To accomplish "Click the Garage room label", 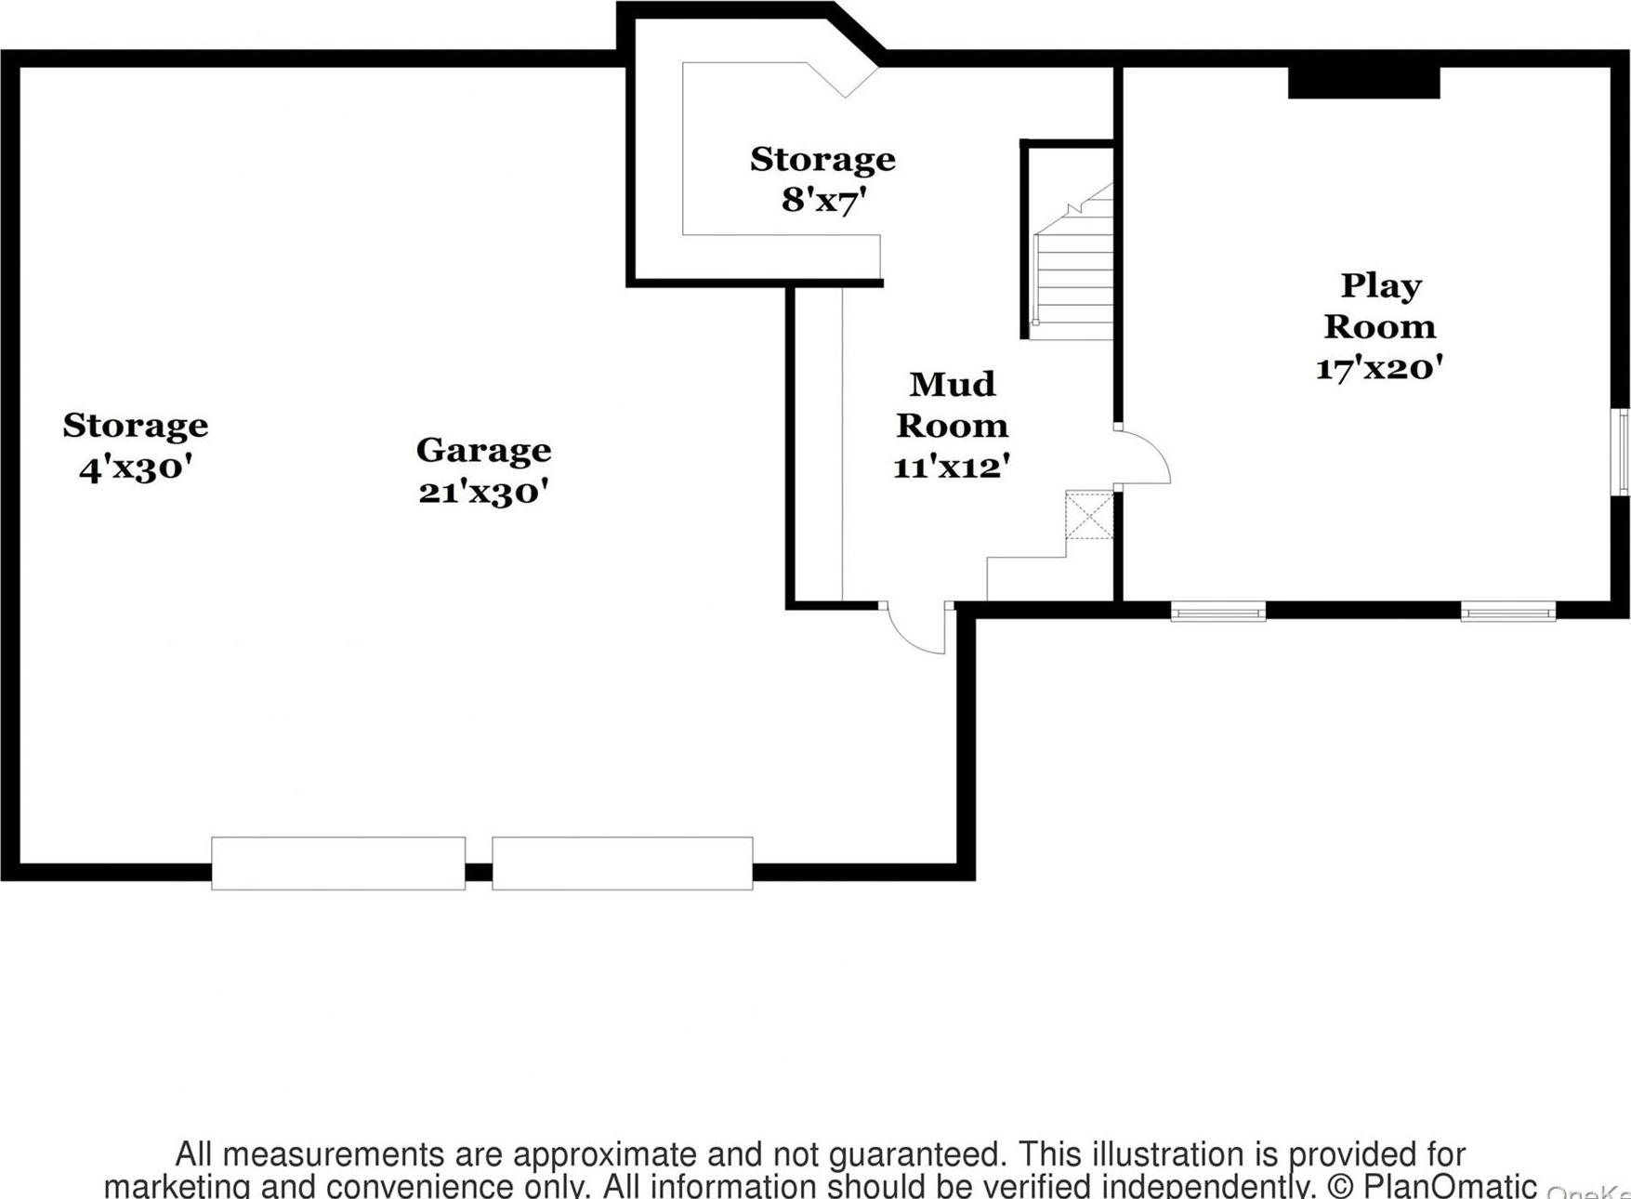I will click(483, 451).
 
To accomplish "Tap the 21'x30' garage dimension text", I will click(483, 492).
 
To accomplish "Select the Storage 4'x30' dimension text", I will click(136, 468).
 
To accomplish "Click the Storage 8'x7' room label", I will click(822, 160).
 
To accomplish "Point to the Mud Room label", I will click(952, 404).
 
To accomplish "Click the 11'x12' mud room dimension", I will click(952, 467).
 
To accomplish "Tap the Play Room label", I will click(1380, 306).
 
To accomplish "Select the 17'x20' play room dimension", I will click(1380, 369).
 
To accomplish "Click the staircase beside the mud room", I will click(1074, 270).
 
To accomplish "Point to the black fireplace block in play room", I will click(1363, 83).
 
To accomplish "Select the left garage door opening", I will click(338, 863).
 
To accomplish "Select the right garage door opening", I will click(622, 863).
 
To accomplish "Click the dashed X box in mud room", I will click(1089, 516).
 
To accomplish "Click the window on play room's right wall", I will click(1620, 452).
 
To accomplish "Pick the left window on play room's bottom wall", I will click(1217, 612).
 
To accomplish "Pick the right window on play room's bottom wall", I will click(1507, 612).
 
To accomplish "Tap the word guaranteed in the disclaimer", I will click(916, 1154).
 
